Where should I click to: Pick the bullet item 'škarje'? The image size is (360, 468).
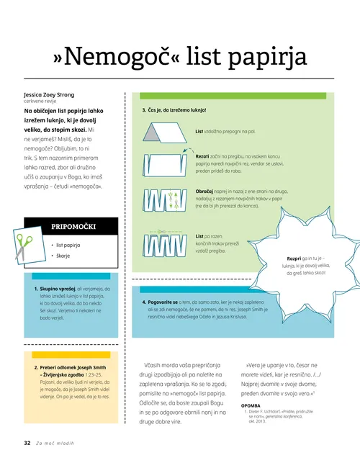pyautogui.click(x=69, y=257)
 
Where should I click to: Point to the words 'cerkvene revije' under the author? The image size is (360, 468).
pyautogui.click(x=40, y=102)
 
